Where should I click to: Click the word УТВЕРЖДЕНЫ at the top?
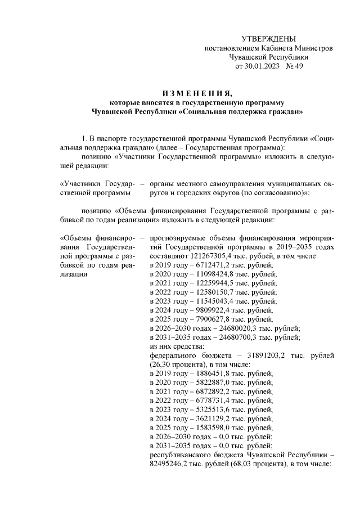(268, 39)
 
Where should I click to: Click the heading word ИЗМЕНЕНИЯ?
(194, 93)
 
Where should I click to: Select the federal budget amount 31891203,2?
(262, 355)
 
